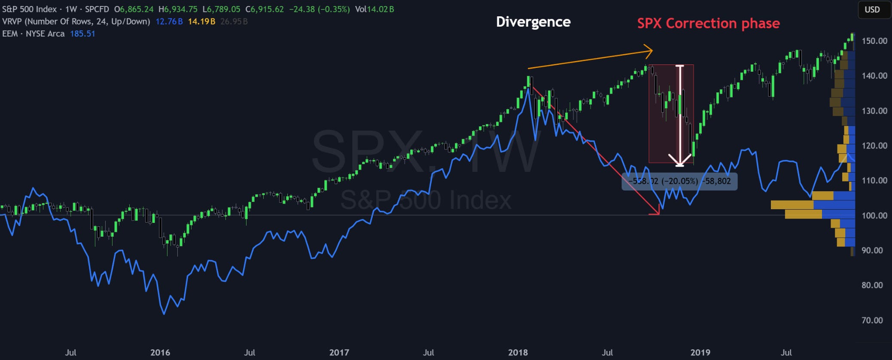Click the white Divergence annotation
(x=533, y=22)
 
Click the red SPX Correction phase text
(x=708, y=23)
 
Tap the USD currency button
(x=872, y=9)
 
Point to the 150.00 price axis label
(x=874, y=41)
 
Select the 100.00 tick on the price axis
(x=874, y=215)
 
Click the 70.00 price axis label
(x=872, y=320)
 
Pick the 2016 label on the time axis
(x=160, y=352)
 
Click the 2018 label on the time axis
(x=518, y=352)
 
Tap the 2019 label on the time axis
(x=700, y=352)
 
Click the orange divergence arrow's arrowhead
(x=651, y=51)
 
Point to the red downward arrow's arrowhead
(x=657, y=212)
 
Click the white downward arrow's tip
(x=679, y=165)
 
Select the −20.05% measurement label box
(x=679, y=181)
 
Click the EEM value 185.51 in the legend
(x=82, y=34)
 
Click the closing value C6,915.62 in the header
(x=265, y=9)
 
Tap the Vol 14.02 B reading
(x=374, y=9)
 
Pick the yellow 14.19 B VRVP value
(x=201, y=21)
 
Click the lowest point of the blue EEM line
(x=164, y=314)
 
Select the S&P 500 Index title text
(x=29, y=9)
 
